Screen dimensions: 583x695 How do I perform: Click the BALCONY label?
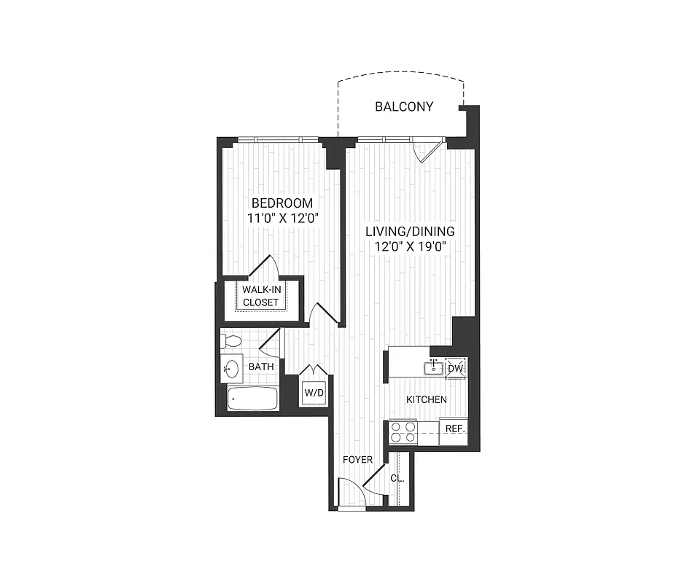[x=403, y=106]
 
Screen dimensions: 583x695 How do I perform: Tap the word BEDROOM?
[x=282, y=203]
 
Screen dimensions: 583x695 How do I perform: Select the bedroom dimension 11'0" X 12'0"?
[x=282, y=217]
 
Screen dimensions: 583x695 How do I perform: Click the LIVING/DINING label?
[x=410, y=231]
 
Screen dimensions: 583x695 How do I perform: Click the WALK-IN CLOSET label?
[x=261, y=296]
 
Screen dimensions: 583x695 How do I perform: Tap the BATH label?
[x=261, y=367]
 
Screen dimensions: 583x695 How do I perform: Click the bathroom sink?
[x=233, y=368]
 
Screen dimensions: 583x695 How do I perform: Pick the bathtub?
[x=252, y=399]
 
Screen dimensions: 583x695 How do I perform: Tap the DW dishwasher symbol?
[x=455, y=368]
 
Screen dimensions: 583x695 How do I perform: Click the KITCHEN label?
[x=426, y=399]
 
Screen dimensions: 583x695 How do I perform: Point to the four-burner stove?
[x=403, y=433]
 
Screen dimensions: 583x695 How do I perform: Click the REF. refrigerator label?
[x=454, y=429]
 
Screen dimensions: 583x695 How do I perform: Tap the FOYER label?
[x=358, y=460]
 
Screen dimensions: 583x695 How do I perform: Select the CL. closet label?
[x=397, y=479]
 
